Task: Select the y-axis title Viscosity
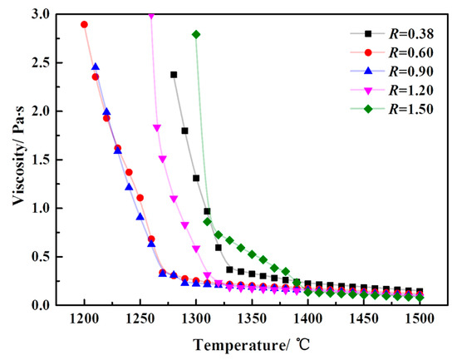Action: pos(14,158)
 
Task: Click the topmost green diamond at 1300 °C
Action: pos(196,34)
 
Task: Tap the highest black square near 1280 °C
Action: pos(174,74)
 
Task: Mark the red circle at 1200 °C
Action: pos(84,24)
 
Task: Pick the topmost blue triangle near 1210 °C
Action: pos(96,67)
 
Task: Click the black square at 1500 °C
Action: pos(420,292)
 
